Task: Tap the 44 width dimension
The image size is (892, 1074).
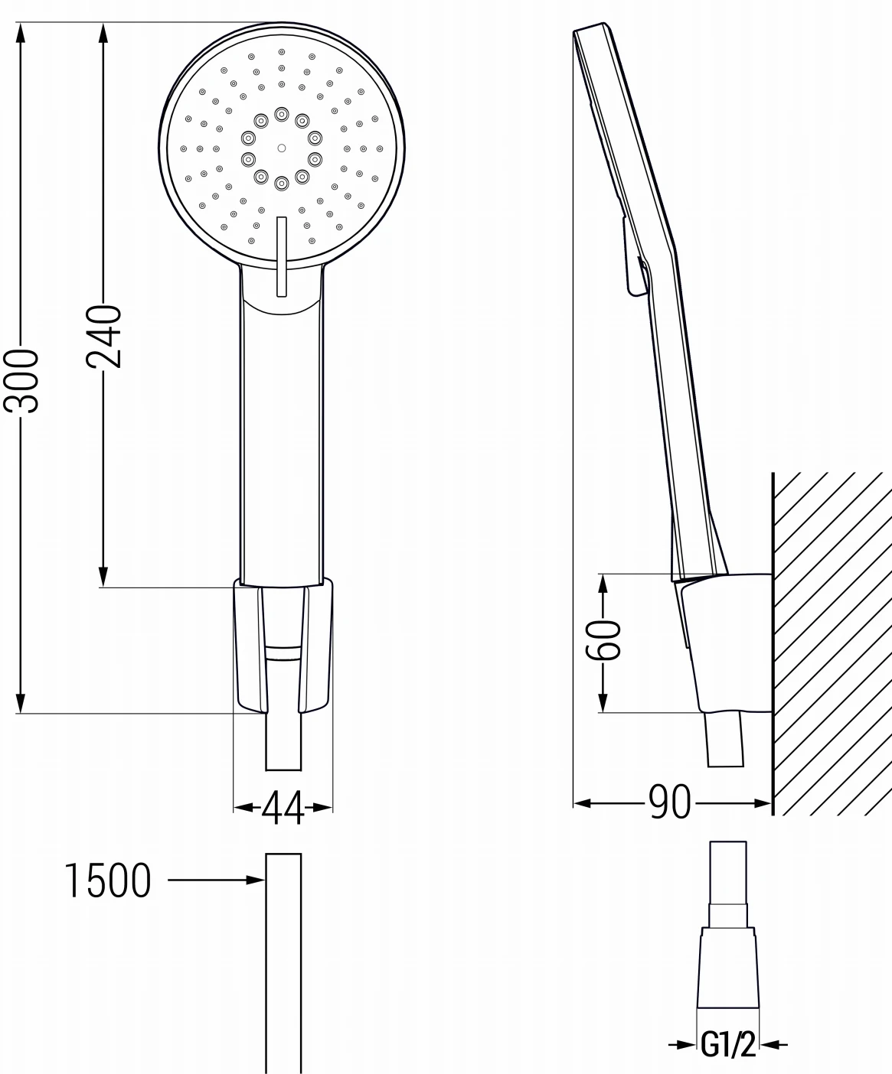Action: click(283, 808)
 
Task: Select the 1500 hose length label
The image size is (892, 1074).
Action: click(107, 880)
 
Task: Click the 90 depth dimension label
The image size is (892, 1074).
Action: click(670, 802)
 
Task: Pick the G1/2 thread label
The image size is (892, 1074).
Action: click(727, 1046)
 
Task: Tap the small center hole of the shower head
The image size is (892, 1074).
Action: click(281, 148)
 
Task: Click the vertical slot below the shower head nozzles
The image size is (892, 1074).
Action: click(281, 256)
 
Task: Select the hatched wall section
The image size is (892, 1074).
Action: click(831, 643)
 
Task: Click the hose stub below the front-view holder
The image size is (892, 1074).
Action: click(283, 742)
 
